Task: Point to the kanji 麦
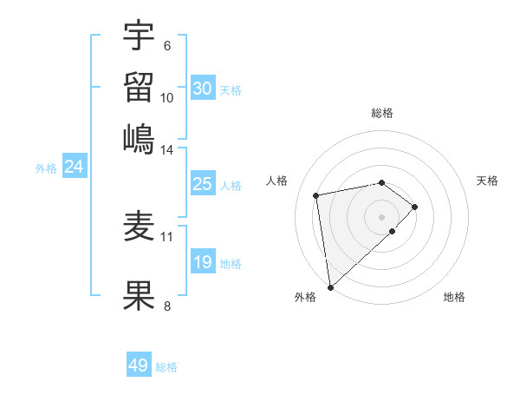(140, 227)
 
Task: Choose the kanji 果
(140, 294)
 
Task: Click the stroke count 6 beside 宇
(166, 46)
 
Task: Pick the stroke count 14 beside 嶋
(166, 149)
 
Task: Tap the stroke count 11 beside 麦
(166, 235)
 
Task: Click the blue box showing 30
(202, 89)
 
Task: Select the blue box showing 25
(202, 184)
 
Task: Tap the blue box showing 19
(202, 262)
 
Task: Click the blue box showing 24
(74, 167)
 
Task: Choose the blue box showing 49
(138, 365)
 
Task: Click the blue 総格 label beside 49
(166, 367)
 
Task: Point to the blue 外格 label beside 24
(46, 168)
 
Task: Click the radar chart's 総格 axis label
(382, 113)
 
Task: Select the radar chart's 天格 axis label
(488, 181)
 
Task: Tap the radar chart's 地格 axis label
(454, 297)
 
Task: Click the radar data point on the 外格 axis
(330, 286)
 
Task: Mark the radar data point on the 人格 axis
(317, 194)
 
